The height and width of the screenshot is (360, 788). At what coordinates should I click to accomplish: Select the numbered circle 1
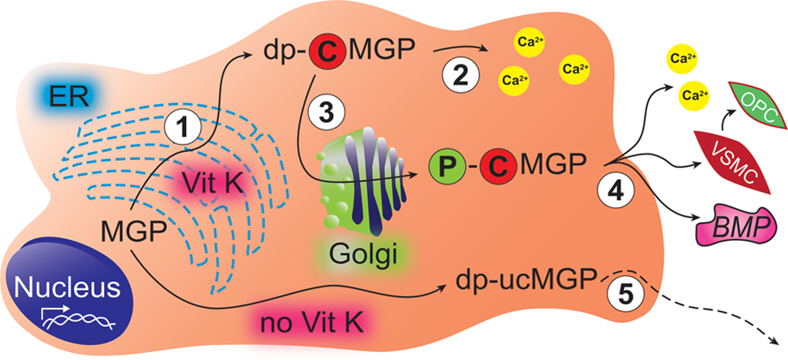(x=182, y=125)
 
